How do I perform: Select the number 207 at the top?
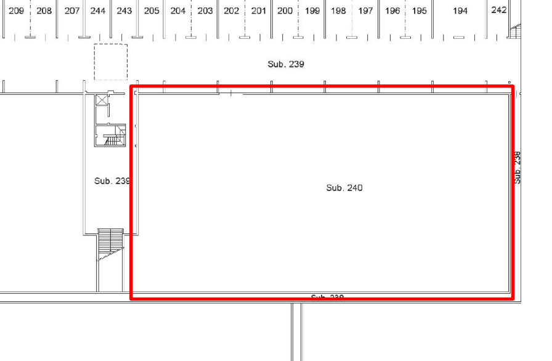click(x=72, y=10)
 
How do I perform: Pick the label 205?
click(x=152, y=10)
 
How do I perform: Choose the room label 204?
click(x=178, y=10)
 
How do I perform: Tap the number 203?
click(x=206, y=10)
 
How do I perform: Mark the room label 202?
click(x=231, y=10)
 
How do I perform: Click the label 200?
click(x=285, y=10)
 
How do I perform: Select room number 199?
click(x=313, y=10)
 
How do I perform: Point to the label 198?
click(x=339, y=10)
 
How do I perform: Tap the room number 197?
click(x=366, y=10)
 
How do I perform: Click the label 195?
click(x=420, y=10)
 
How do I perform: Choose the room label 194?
click(x=461, y=10)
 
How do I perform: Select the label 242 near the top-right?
click(x=500, y=10)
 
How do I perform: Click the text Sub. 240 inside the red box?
click(x=344, y=187)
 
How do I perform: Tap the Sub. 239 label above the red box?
click(x=286, y=64)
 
